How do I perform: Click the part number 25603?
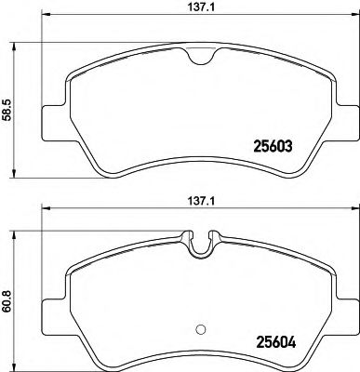click(274, 145)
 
